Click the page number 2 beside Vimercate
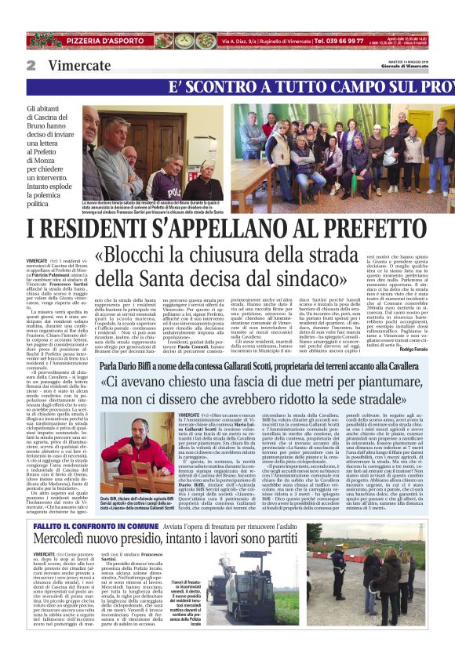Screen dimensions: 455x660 tap(31, 65)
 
